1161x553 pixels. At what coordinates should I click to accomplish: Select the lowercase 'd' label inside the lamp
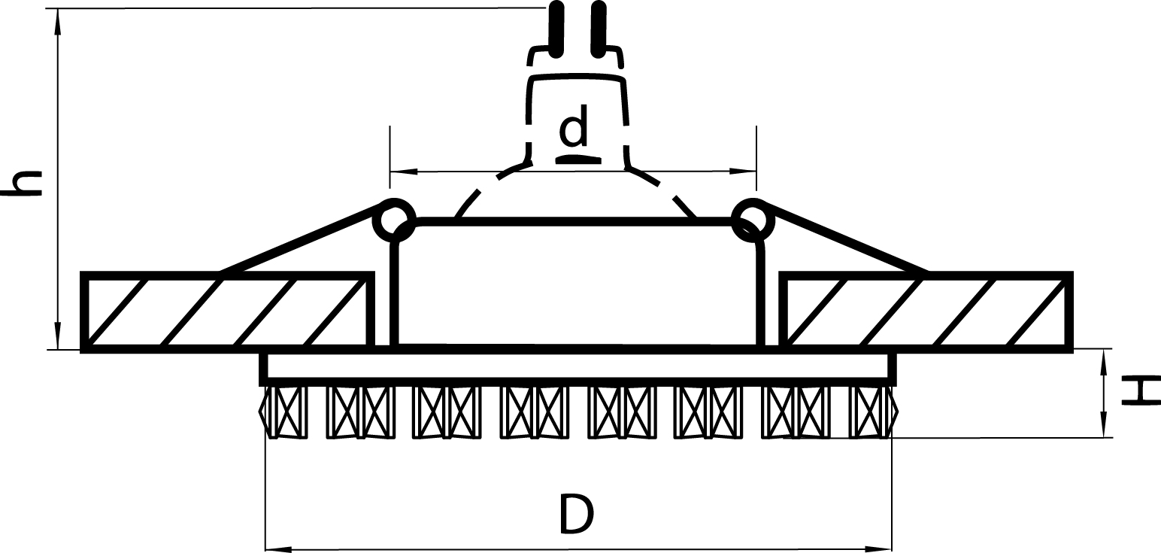pos(574,125)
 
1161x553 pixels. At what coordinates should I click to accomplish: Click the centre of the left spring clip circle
pos(394,220)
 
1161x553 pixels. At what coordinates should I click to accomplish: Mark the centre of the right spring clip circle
pos(753,220)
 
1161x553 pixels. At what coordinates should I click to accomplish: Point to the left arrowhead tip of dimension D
pos(266,548)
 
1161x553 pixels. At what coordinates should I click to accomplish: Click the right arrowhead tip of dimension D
pos(892,548)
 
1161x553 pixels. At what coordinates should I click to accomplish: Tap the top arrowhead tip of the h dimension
pos(58,9)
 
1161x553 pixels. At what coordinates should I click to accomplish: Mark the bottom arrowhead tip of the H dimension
pos(1103,437)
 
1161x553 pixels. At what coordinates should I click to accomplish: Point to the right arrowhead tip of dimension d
pos(756,172)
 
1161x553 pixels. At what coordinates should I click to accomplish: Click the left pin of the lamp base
pos(556,29)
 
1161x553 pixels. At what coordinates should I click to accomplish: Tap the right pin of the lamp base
pos(598,29)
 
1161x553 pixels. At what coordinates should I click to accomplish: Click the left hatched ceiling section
pos(228,311)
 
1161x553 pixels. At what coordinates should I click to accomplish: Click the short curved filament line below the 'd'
pos(578,159)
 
